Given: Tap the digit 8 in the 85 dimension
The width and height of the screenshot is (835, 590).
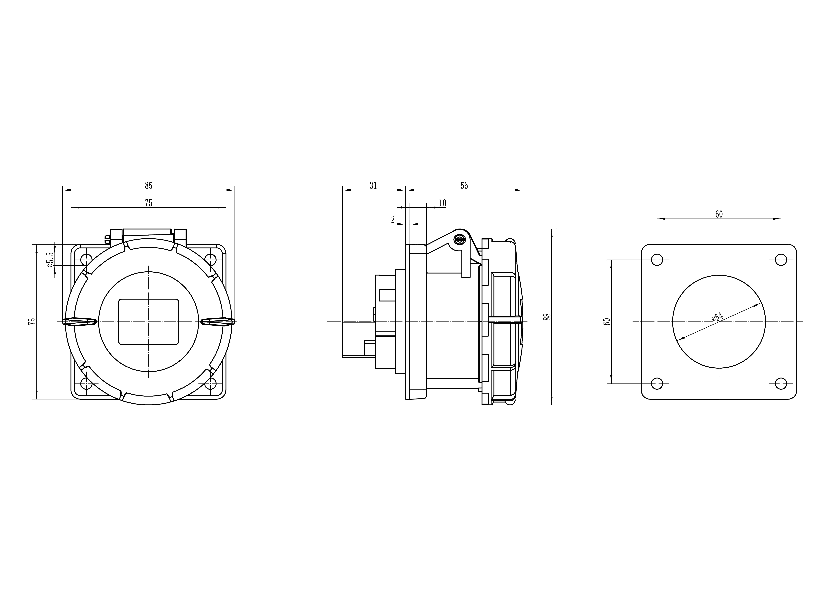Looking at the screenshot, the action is click(x=147, y=186).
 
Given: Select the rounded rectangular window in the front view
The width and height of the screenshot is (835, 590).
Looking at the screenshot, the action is click(x=149, y=322).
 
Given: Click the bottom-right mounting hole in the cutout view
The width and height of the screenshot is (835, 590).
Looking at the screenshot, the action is click(x=781, y=383).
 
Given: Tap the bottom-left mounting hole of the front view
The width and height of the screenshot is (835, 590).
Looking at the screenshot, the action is click(x=86, y=383).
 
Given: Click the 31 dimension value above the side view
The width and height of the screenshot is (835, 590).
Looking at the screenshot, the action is click(x=373, y=186).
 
